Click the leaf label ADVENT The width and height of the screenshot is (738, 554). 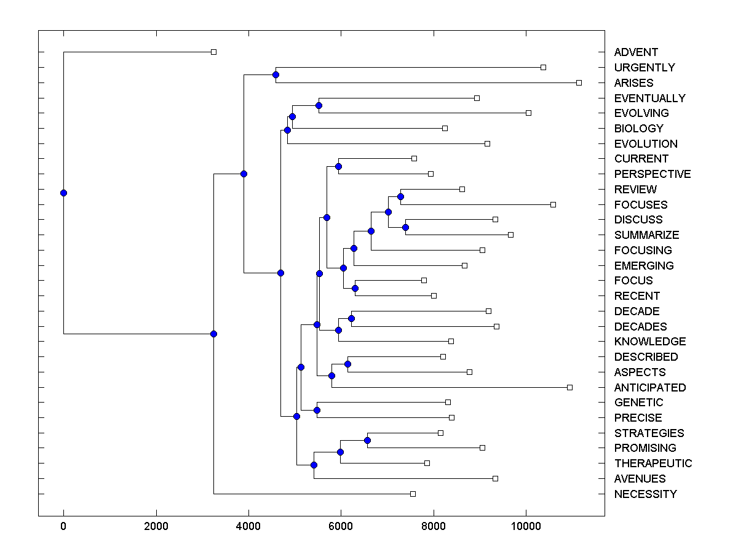click(x=635, y=52)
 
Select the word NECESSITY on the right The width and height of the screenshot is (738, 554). click(x=645, y=494)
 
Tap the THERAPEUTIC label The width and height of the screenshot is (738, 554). click(x=653, y=464)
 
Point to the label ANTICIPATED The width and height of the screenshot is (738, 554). click(x=649, y=387)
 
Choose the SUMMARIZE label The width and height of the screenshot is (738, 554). click(x=646, y=235)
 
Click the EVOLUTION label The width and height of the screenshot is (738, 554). click(x=646, y=144)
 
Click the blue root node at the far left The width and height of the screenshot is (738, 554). click(x=63, y=193)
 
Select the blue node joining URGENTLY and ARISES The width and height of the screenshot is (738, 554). click(x=276, y=74)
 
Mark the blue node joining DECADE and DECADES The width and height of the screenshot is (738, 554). click(x=351, y=318)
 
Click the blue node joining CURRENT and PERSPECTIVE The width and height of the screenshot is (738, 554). click(x=338, y=166)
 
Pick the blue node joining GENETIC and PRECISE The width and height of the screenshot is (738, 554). click(x=317, y=410)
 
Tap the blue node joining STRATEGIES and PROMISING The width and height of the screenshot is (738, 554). click(x=367, y=440)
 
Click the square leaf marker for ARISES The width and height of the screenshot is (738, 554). click(x=579, y=82)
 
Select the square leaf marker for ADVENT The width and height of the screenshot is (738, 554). click(x=213, y=52)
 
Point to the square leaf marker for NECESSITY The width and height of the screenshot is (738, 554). click(x=413, y=494)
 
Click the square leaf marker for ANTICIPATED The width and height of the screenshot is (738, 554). click(x=569, y=387)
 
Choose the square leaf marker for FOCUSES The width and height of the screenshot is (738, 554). click(x=553, y=204)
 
